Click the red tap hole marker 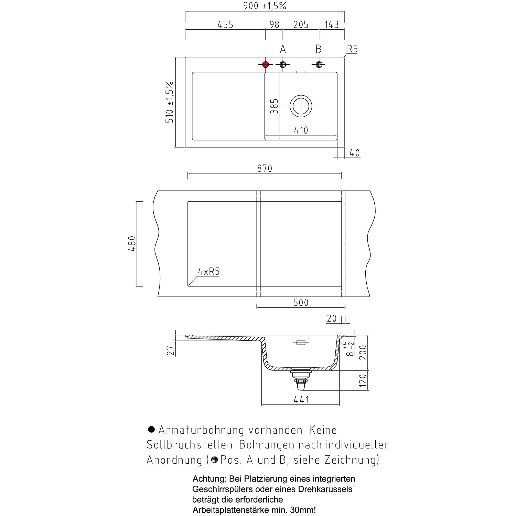[265, 64]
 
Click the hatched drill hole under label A [283, 64]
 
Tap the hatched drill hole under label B [319, 64]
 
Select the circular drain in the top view [301, 106]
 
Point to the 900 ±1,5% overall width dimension [265, 6]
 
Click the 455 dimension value [225, 25]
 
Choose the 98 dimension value [274, 25]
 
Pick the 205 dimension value [301, 25]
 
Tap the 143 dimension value [332, 25]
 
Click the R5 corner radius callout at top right [352, 49]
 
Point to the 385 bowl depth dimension [274, 106]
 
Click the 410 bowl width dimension [301, 130]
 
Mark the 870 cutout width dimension [265, 168]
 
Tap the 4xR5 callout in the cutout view [208, 271]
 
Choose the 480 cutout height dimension [132, 244]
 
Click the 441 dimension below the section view [301, 399]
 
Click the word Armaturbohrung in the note [201, 430]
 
